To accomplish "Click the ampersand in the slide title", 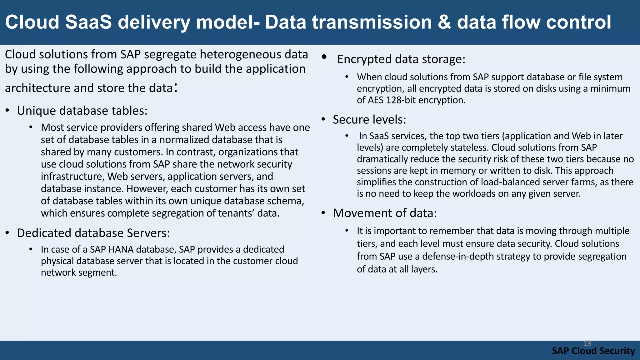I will [x=444, y=22].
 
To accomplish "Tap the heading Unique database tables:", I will [x=82, y=111].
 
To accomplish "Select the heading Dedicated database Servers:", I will [x=93, y=233].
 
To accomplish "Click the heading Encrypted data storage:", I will [x=401, y=59].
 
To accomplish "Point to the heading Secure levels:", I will [x=369, y=120].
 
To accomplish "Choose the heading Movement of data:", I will [x=385, y=213].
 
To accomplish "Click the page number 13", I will [x=587, y=343].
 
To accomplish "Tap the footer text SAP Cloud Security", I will [x=593, y=351].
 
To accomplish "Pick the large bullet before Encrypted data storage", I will [x=324, y=57].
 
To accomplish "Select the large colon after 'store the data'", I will [x=176, y=88].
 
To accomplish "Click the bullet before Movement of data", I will [x=323, y=213].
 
